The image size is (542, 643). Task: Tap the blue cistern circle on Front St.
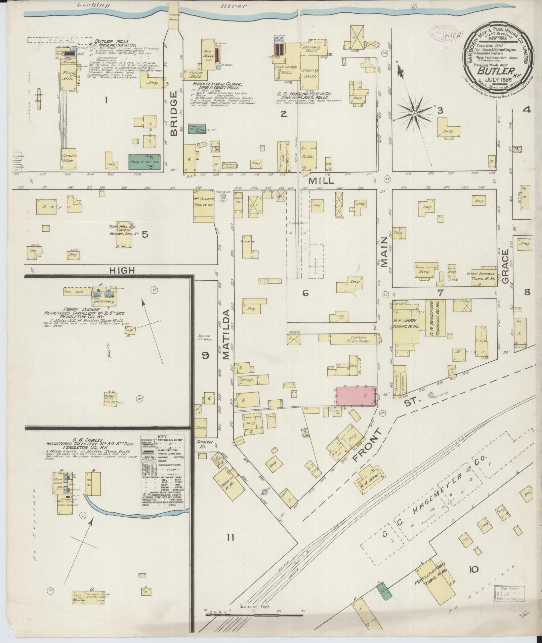coord(431,396)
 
